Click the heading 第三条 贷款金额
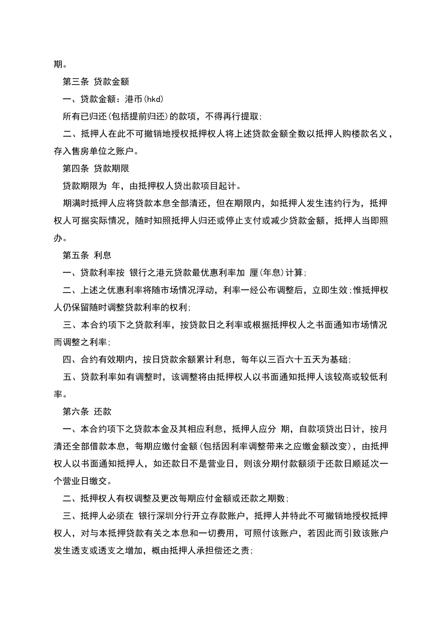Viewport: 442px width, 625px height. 95,82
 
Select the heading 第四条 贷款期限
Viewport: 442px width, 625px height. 95,169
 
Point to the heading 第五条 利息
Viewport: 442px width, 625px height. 87,255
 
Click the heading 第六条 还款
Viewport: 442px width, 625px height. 87,412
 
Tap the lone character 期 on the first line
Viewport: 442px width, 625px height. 58,64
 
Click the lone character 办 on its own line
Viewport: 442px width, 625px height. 58,238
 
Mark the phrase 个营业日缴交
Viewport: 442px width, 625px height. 80,481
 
